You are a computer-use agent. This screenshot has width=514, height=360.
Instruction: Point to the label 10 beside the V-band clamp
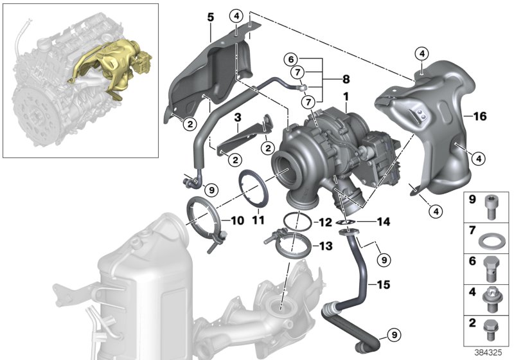click(x=237, y=220)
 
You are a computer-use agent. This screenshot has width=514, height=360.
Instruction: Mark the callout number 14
click(x=384, y=222)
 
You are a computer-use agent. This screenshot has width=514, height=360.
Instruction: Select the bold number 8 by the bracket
click(x=346, y=81)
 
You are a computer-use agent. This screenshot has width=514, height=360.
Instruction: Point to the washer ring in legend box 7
click(x=492, y=242)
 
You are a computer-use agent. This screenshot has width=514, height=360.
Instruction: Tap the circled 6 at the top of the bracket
click(x=292, y=60)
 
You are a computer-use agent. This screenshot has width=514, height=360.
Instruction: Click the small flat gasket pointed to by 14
click(x=347, y=222)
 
